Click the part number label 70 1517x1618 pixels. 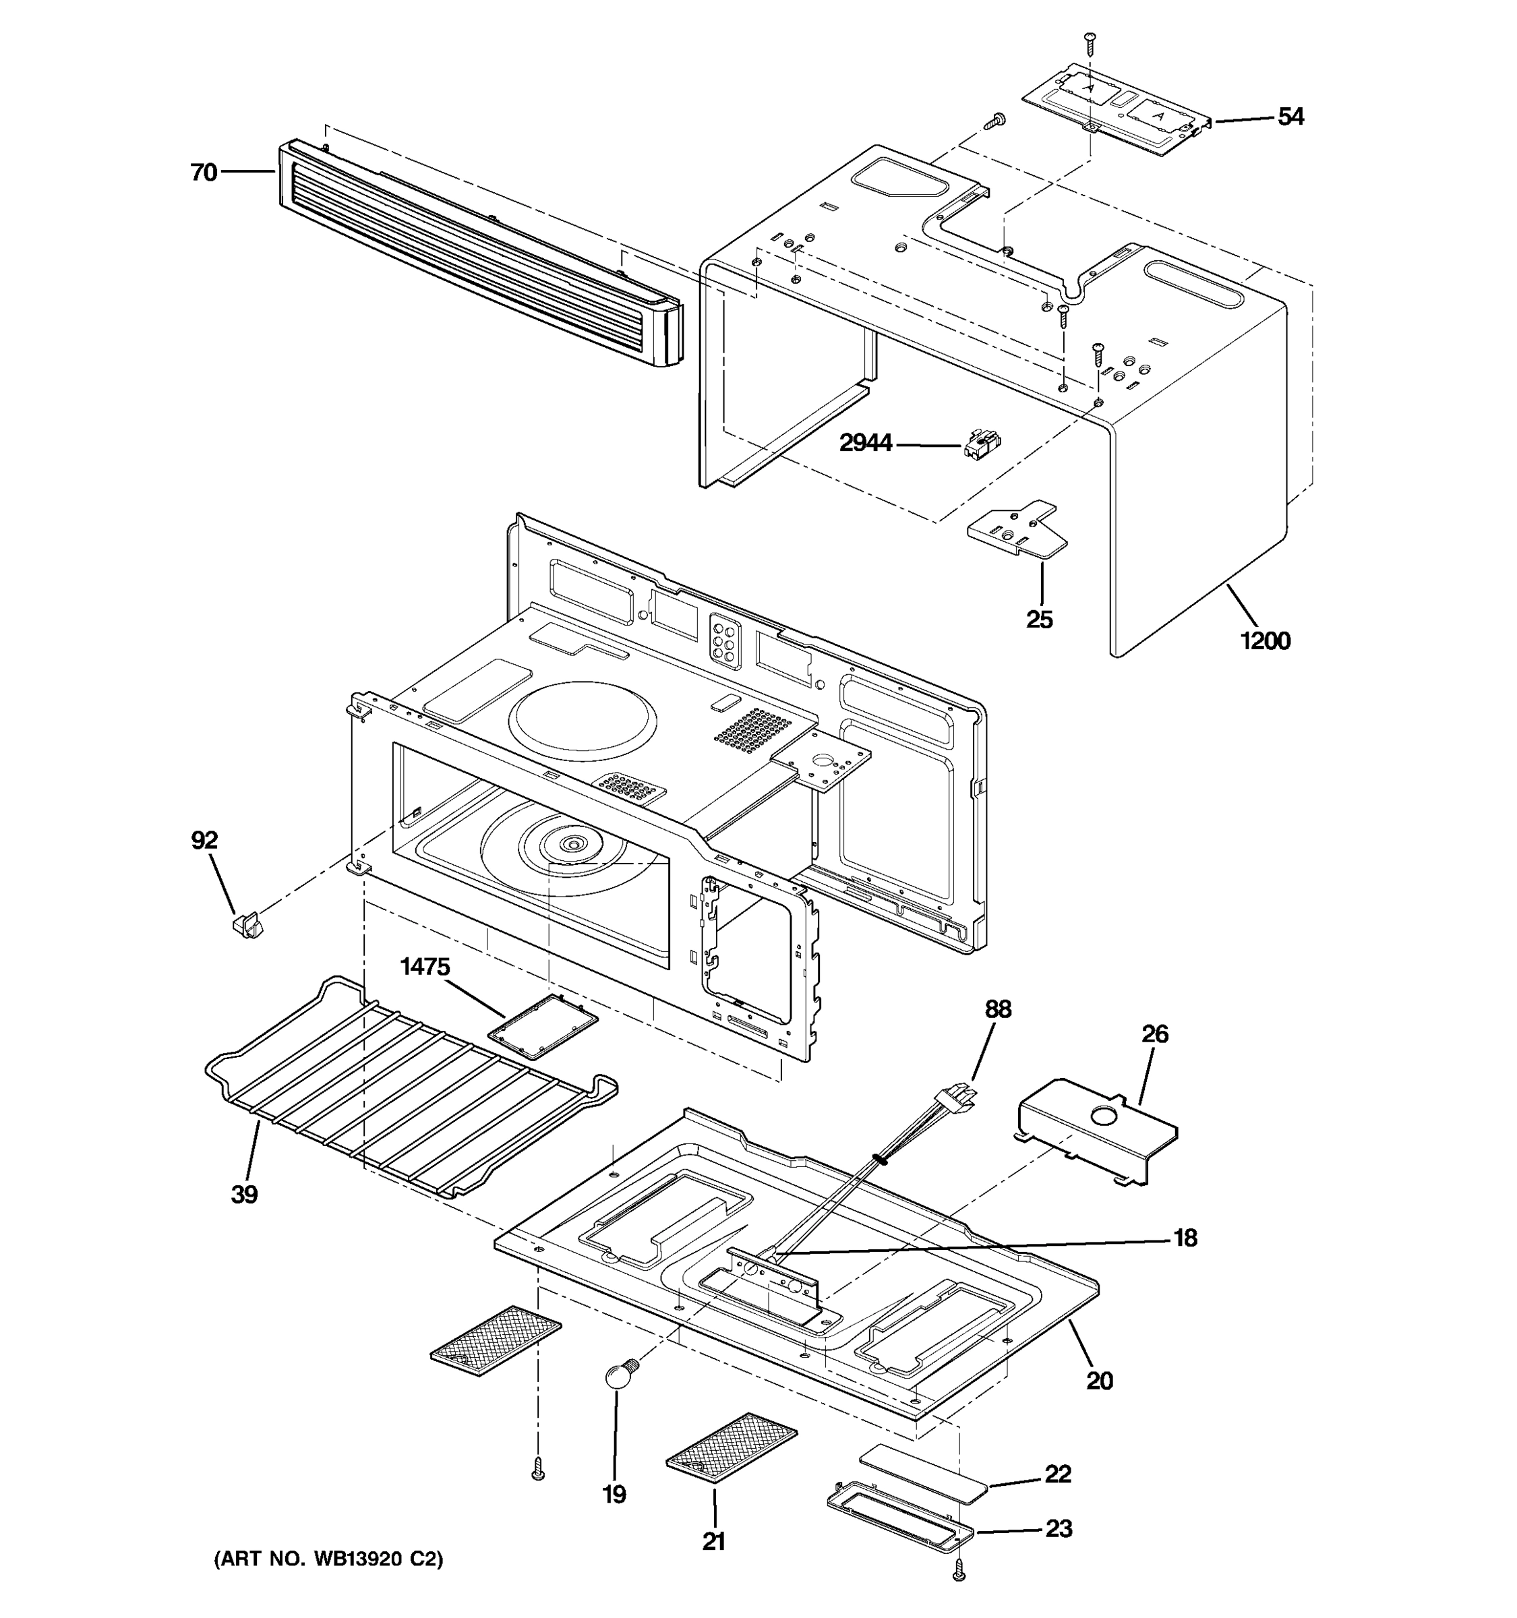(x=204, y=173)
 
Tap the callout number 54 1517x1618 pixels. (x=1290, y=117)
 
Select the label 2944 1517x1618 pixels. (x=865, y=444)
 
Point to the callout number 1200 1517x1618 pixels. (x=1265, y=641)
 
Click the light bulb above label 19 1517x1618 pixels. (x=618, y=1375)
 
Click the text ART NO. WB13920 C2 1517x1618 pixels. (x=328, y=1559)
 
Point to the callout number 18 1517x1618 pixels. (x=1185, y=1238)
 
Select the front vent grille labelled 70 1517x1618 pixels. (x=480, y=252)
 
